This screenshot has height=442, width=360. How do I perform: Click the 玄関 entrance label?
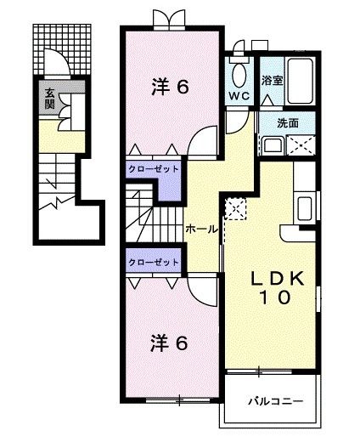coord(49,99)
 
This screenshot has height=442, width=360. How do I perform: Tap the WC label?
coord(237,96)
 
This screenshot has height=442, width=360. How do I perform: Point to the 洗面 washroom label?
coord(287,122)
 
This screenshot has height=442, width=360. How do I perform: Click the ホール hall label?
coord(200,229)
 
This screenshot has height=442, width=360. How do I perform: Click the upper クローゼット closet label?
coord(154,169)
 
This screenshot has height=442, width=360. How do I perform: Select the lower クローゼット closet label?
coord(154,263)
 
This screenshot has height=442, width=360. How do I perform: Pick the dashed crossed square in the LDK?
coord(234,207)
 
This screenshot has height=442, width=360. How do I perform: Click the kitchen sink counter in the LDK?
coord(303,207)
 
